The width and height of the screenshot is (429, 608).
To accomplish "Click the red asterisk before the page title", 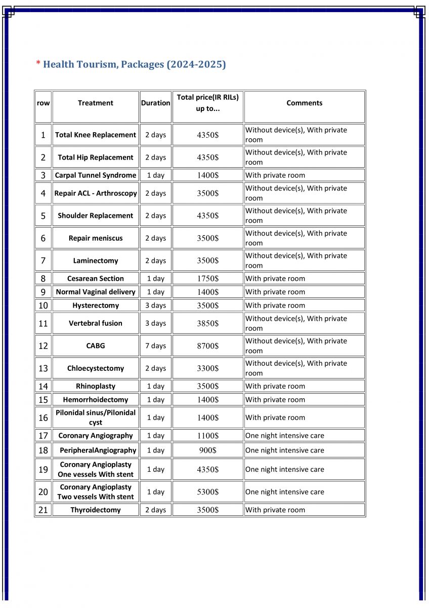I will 38,63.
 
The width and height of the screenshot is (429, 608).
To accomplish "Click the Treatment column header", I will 96,103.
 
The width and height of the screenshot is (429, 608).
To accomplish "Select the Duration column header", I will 155,103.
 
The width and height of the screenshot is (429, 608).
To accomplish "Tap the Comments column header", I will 304,103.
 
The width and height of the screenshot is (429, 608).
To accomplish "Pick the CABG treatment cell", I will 96,346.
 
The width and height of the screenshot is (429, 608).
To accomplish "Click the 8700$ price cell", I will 207,346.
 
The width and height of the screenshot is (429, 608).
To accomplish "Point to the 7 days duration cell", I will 155,346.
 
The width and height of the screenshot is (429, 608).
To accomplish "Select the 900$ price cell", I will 207,450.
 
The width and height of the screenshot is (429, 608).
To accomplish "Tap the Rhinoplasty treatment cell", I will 96,386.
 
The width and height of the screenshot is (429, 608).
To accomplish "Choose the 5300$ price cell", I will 207,491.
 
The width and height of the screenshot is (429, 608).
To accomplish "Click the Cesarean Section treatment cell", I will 96,278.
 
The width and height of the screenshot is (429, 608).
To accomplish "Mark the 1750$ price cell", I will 207,278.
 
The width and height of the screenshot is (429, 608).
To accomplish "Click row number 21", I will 43,510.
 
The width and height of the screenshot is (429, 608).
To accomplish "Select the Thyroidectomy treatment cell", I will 96,510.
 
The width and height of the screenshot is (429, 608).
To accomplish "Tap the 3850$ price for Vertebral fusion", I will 207,323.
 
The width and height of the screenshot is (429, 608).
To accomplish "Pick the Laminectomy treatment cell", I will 96,260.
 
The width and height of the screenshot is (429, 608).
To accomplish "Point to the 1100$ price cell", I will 207,435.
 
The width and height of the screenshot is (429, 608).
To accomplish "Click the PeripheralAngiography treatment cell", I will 98,450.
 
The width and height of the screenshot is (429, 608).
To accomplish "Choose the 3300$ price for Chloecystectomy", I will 207,368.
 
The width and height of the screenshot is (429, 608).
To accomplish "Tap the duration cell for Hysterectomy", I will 155,306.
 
